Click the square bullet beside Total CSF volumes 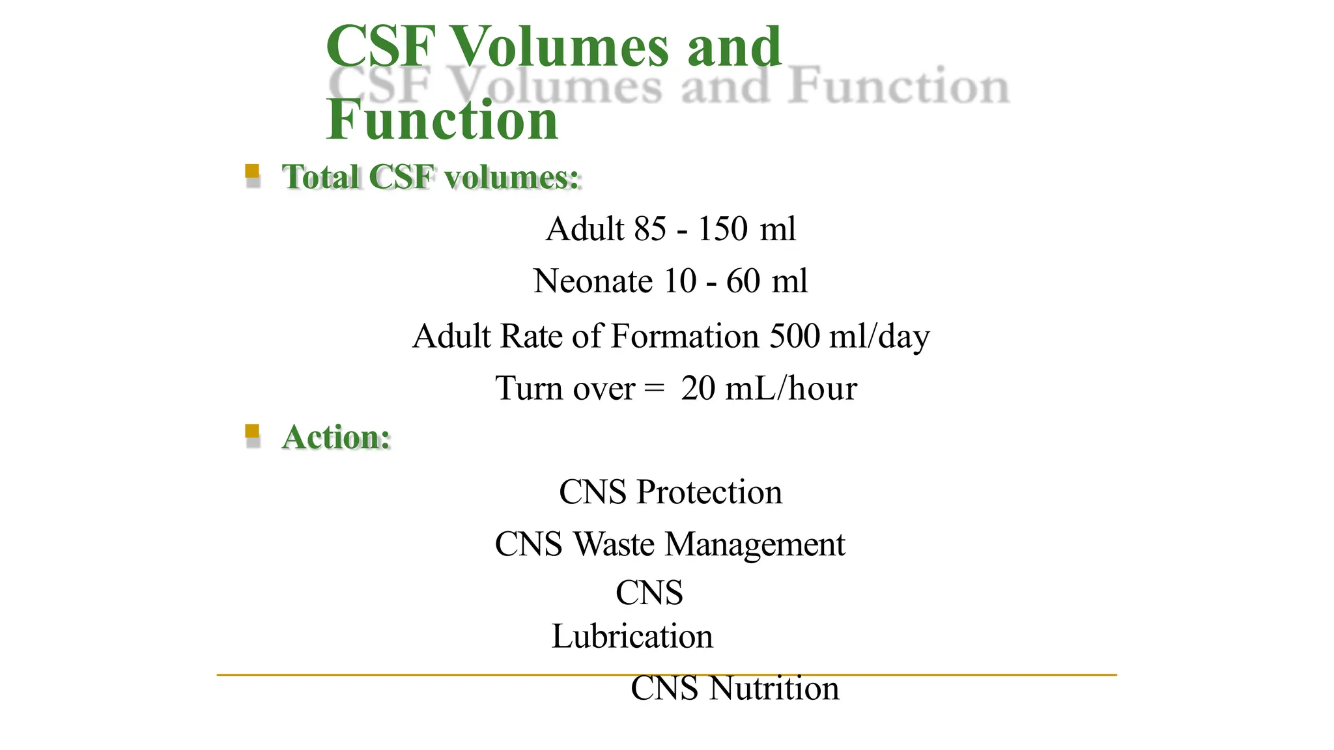(x=252, y=172)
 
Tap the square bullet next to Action (x=252, y=432)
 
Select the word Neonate (x=593, y=281)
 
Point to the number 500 (x=795, y=336)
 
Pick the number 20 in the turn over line (x=698, y=389)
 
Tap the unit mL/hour (x=791, y=389)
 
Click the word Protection (x=709, y=492)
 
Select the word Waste (x=614, y=544)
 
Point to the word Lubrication (x=632, y=636)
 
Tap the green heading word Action (x=336, y=437)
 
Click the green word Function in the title (x=442, y=120)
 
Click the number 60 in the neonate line (x=743, y=281)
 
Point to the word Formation (x=685, y=336)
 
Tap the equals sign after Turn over (x=654, y=389)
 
